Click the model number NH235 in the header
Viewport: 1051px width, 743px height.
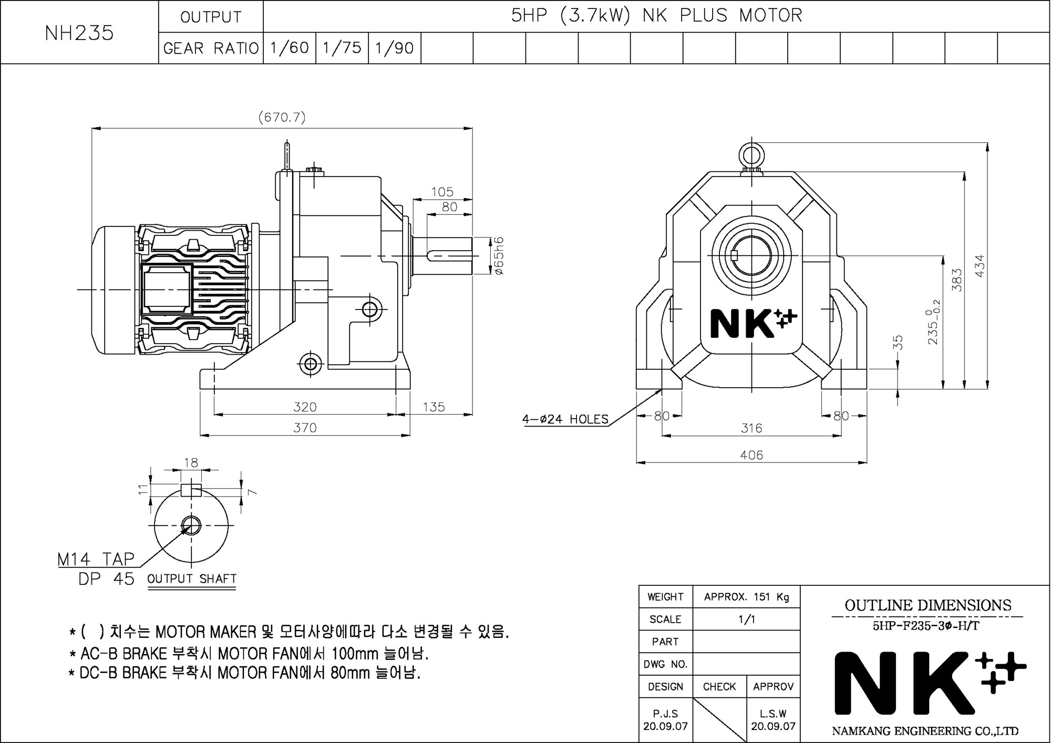[79, 33]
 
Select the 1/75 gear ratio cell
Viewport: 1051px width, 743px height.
[342, 48]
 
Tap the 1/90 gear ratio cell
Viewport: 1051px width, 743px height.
[395, 48]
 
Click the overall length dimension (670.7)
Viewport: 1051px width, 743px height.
[282, 117]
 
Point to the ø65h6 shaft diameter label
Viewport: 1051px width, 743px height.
[499, 256]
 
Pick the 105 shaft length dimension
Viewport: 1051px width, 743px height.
[442, 192]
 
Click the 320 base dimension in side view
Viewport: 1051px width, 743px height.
[305, 407]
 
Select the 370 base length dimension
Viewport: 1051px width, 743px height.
[305, 428]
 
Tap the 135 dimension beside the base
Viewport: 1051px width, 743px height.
[434, 407]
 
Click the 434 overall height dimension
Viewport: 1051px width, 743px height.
[980, 266]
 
